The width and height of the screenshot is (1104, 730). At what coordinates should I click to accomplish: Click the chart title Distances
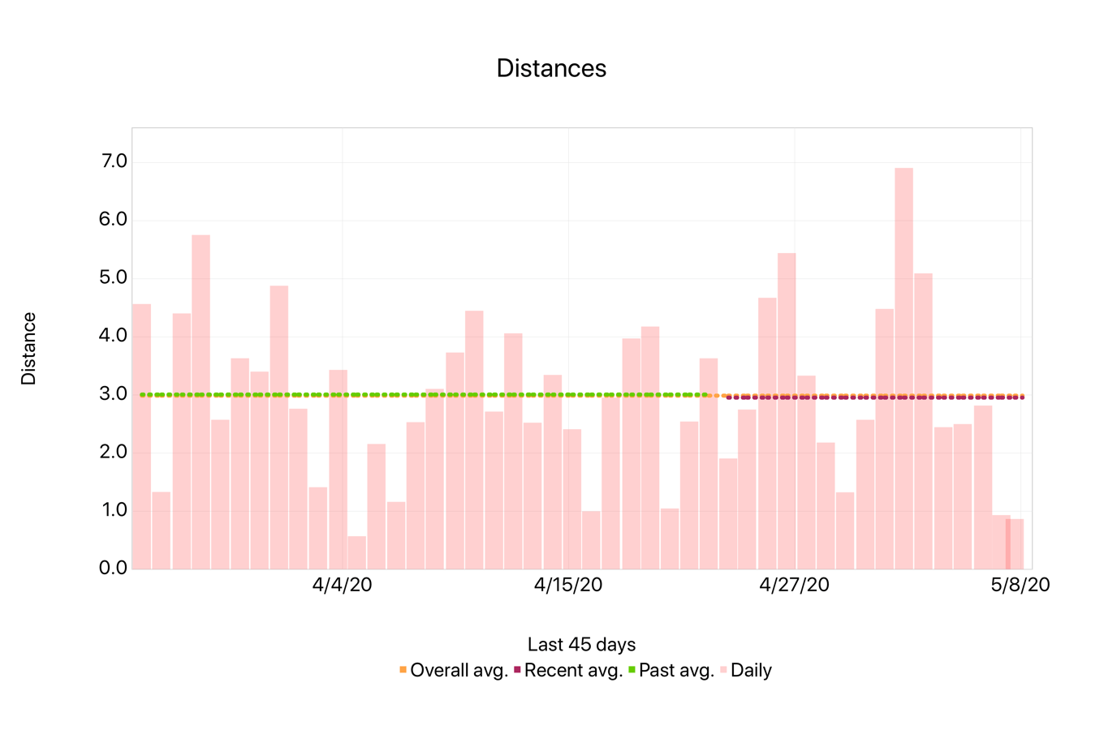coord(551,68)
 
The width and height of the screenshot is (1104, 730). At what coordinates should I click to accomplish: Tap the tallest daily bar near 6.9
coord(903,368)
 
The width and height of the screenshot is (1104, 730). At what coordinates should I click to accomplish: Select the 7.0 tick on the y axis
coord(114,161)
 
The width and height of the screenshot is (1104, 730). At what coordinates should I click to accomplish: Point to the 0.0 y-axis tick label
coord(114,568)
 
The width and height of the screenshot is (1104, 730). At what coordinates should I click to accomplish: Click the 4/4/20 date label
coord(342,585)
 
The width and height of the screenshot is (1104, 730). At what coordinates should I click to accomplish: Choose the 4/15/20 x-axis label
coord(568,585)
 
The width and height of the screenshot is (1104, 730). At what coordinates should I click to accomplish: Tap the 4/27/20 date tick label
coord(794,585)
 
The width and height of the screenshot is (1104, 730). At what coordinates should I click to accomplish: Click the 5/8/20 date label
coord(1020,585)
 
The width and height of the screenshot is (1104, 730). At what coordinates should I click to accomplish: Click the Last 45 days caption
coord(581,645)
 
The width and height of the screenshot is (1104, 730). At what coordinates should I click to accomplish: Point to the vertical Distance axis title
coord(29,348)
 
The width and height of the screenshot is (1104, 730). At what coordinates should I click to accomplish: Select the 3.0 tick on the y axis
coord(114,394)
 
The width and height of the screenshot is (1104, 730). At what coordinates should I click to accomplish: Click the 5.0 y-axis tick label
coord(114,277)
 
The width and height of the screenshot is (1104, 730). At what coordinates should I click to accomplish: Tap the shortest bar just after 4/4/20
coord(356,552)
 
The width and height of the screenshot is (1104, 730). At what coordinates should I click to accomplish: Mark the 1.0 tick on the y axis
coord(114,510)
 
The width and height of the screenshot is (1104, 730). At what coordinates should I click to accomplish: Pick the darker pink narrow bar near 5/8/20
coord(1008,543)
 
